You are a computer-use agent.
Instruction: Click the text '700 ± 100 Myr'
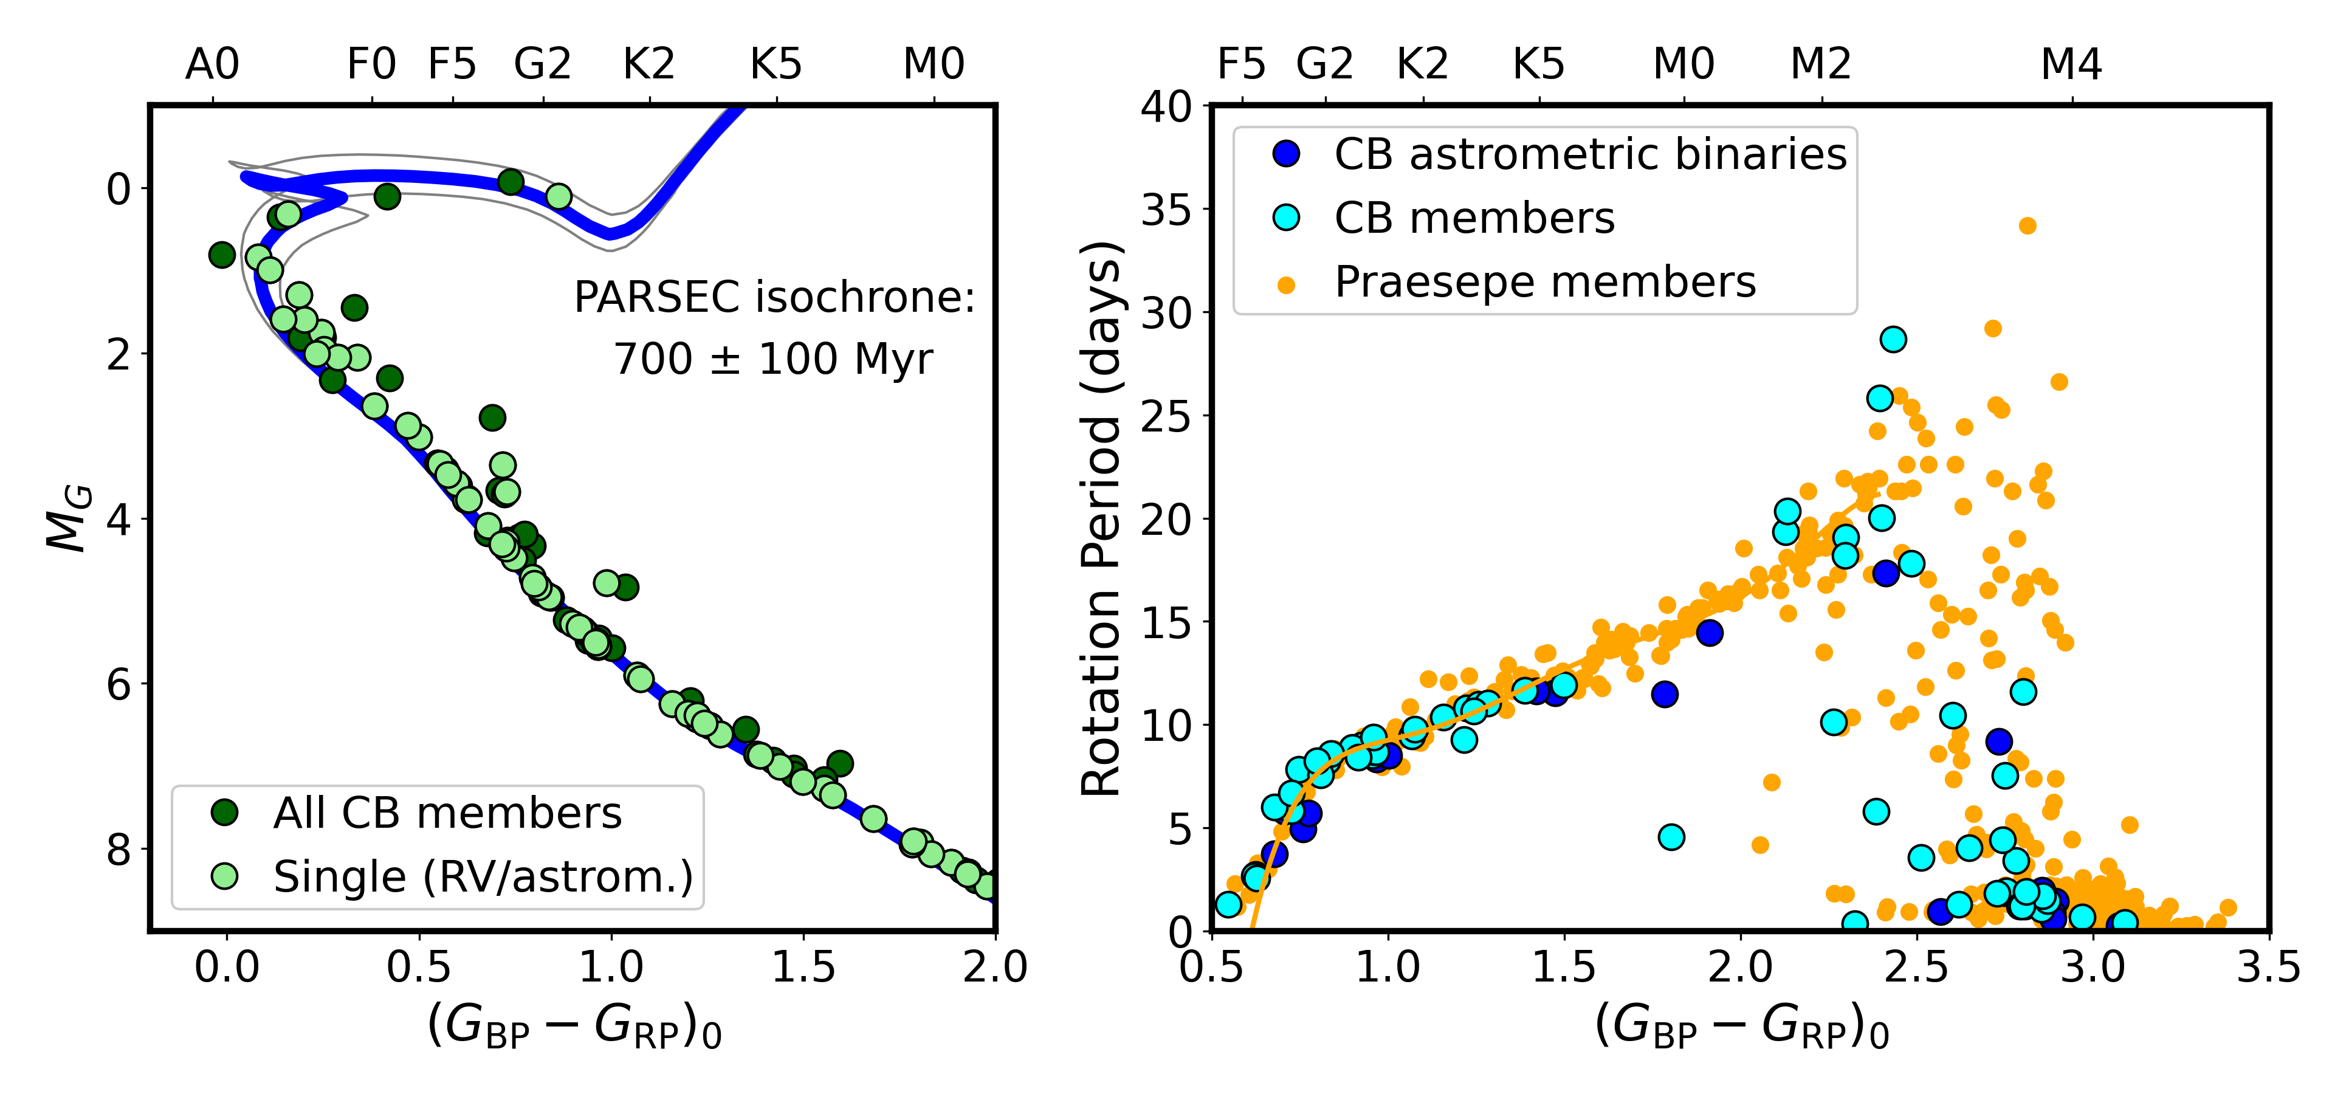pos(773,359)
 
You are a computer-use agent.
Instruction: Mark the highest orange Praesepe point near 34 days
pos(2027,225)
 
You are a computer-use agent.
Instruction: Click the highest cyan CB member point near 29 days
pos(1893,339)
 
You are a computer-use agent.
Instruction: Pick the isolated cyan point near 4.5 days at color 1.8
pos(1671,836)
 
